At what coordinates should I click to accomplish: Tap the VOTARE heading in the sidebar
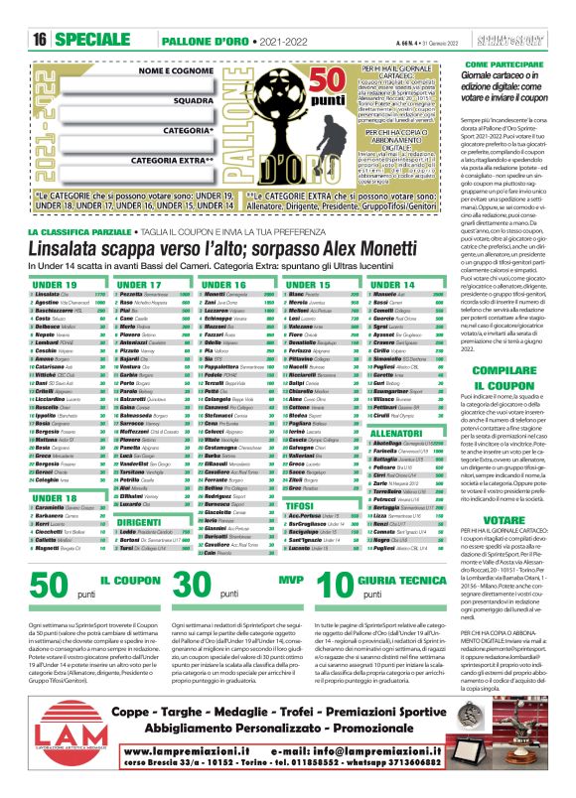click(x=506, y=547)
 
